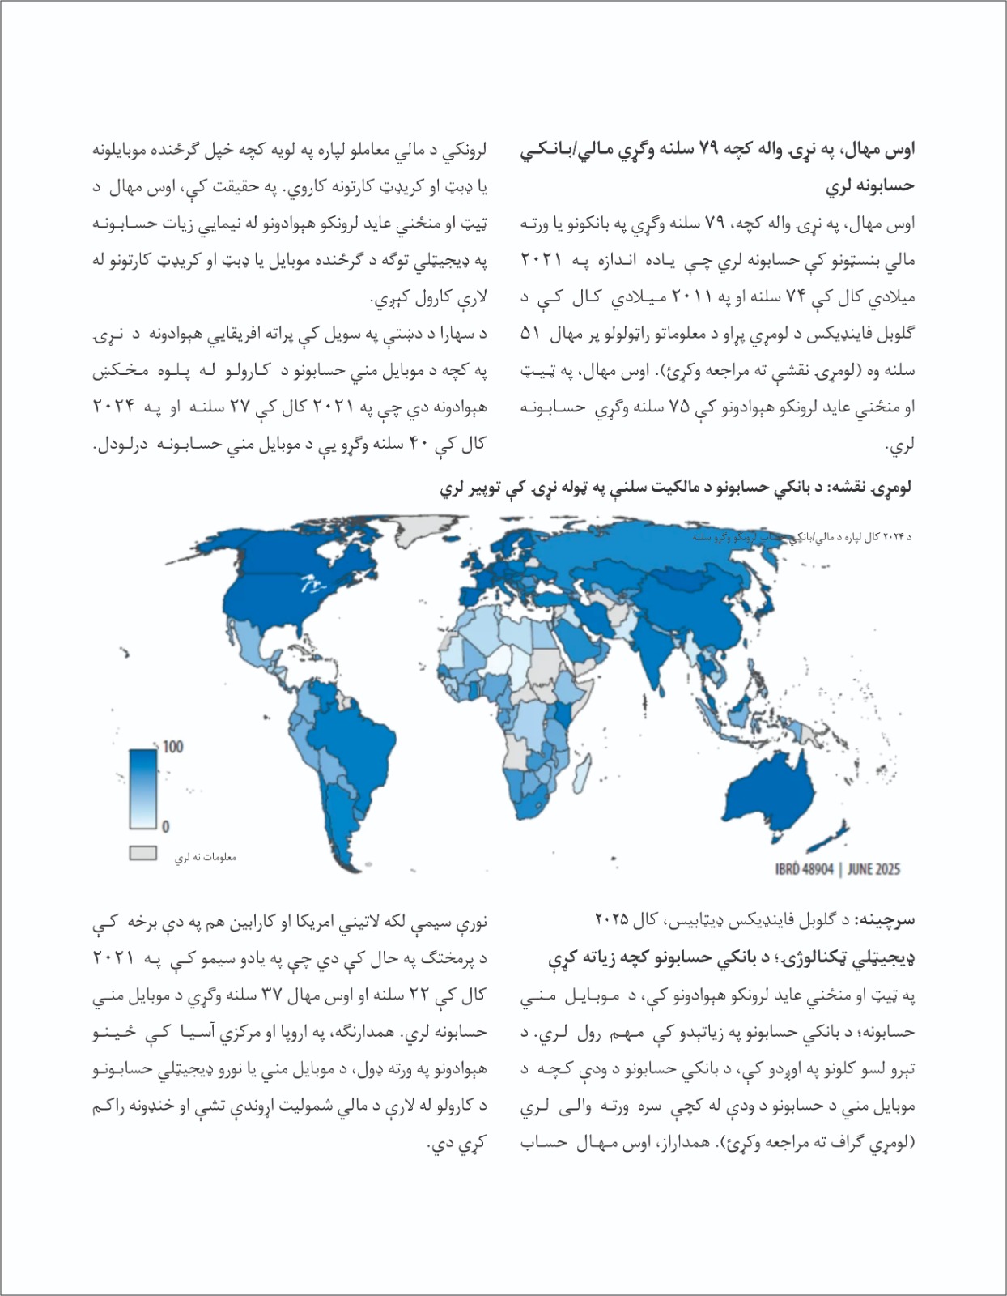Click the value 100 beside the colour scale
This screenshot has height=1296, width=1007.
pyautogui.click(x=173, y=746)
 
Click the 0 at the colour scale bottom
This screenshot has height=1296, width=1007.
pyautogui.click(x=165, y=826)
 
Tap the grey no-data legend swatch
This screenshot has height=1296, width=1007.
pyautogui.click(x=143, y=853)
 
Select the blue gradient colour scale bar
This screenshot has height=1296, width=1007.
pyautogui.click(x=142, y=788)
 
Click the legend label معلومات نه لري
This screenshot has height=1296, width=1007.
pyautogui.click(x=206, y=857)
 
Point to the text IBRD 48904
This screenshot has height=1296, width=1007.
pyautogui.click(x=804, y=868)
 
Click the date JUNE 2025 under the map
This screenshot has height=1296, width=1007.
pyautogui.click(x=873, y=868)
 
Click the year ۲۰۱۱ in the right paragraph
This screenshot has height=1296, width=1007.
pyautogui.click(x=689, y=297)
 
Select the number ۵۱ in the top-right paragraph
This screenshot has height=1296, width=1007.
pyautogui.click(x=529, y=334)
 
